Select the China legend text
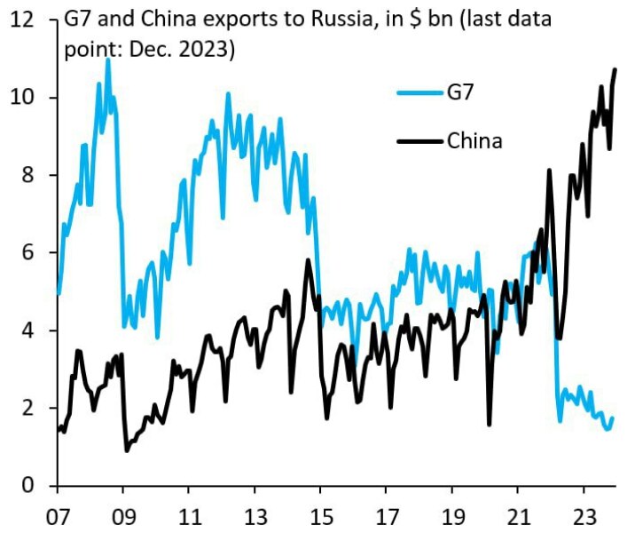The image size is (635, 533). click(x=474, y=140)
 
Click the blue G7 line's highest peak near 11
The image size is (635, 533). click(x=108, y=60)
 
